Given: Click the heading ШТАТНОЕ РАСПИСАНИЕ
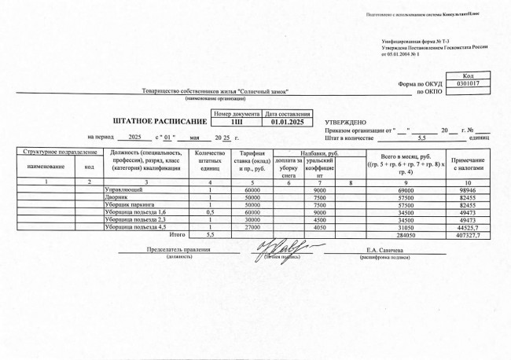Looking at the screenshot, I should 160,122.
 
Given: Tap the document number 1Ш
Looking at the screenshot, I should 236,122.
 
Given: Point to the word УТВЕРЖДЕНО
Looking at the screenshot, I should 346,122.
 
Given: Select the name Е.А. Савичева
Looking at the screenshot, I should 383,251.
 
